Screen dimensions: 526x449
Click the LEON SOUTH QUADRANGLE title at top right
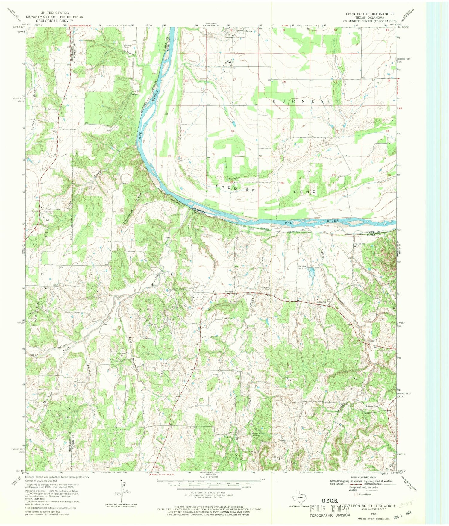coord(370,14)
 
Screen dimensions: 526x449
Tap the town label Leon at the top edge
coord(248,31)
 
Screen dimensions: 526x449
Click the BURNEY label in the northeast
coord(298,101)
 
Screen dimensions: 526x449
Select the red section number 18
coord(186,81)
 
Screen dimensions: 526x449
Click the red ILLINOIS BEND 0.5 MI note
coord(83,25)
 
